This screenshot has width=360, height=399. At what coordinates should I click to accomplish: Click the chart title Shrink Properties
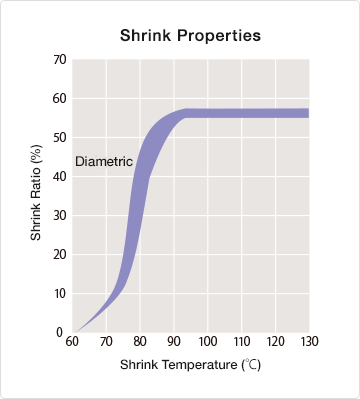pos(190,35)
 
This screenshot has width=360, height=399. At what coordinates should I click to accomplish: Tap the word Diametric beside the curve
pos(104,161)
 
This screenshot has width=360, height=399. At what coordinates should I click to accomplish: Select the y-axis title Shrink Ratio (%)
pos(36,195)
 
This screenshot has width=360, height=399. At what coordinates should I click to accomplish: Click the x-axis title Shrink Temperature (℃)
pos(189,366)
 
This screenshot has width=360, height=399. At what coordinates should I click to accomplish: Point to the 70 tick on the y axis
pos(59,59)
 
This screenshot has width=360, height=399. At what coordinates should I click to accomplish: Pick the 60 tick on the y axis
pos(59,98)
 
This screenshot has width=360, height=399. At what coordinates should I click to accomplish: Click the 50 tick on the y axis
pos(59,137)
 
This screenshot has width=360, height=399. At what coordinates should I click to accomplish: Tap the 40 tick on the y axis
pos(59,176)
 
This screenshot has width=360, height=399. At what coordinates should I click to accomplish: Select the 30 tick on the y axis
pos(59,215)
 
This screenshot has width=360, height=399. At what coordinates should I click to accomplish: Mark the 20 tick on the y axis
pos(59,254)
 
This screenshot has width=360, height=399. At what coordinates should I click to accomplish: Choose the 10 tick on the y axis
pos(59,293)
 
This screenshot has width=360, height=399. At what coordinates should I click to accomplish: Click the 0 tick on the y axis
pos(62,332)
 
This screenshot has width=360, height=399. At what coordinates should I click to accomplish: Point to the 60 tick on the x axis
pos(73,343)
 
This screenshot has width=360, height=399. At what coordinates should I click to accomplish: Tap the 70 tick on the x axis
pos(107,343)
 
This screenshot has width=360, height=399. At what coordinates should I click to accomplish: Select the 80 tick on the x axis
pos(141,343)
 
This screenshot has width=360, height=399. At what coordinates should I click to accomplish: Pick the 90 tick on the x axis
pos(174,343)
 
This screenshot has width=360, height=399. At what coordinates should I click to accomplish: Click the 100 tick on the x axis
pos(208,343)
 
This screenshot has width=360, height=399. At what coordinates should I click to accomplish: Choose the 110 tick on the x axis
pos(242,343)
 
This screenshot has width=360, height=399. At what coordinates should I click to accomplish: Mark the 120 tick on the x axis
pos(276,343)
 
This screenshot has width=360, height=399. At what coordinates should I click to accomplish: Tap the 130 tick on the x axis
pos(309,343)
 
